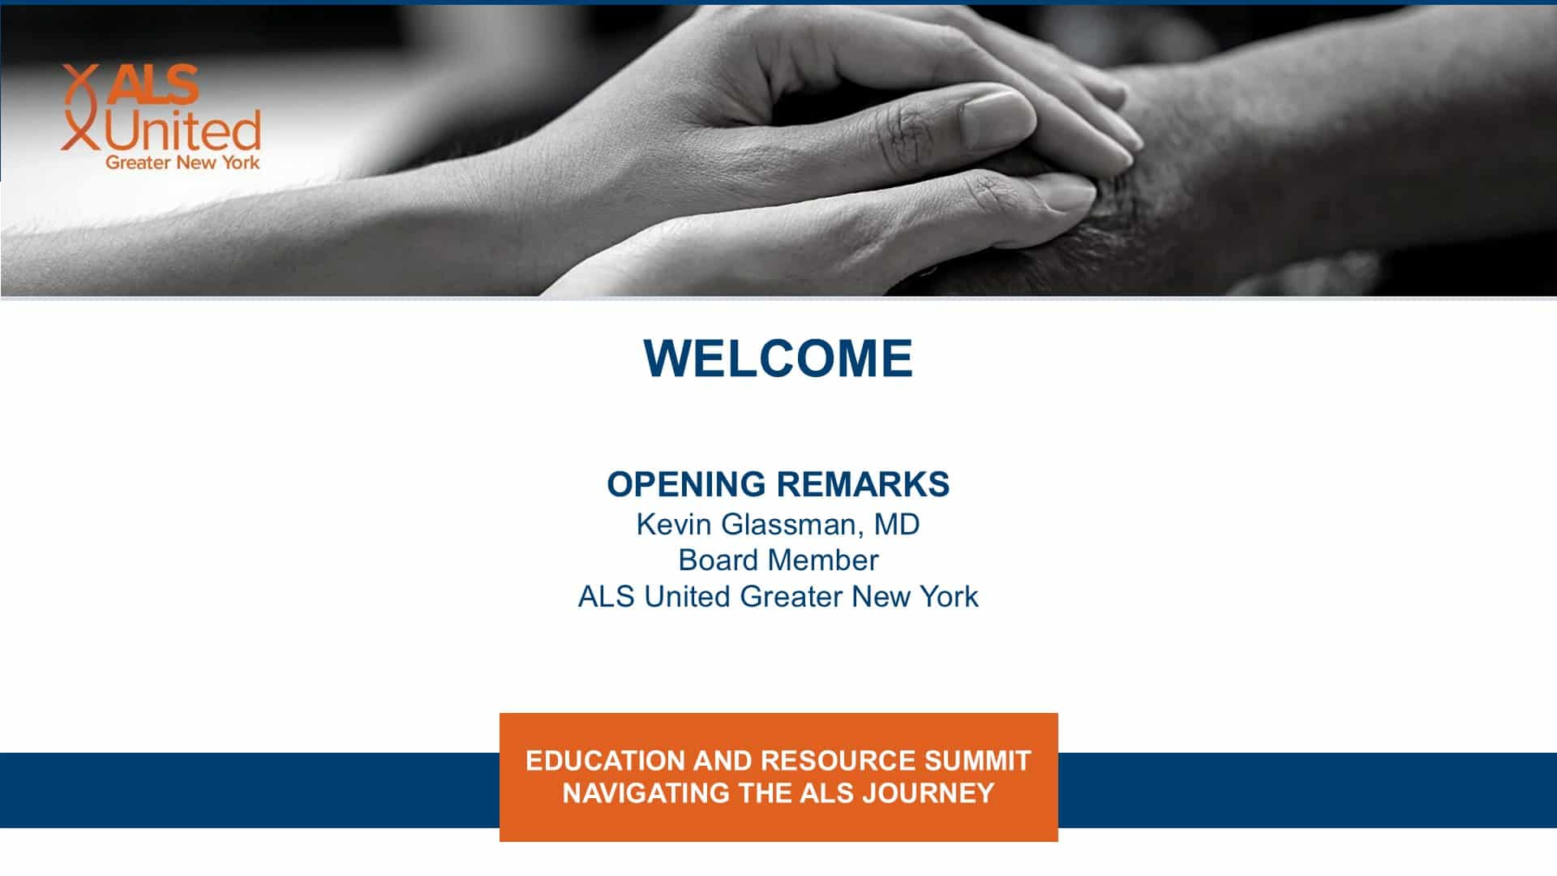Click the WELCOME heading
778,358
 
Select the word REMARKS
864,484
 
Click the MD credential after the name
897,524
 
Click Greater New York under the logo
182,162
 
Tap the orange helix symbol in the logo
79,108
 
